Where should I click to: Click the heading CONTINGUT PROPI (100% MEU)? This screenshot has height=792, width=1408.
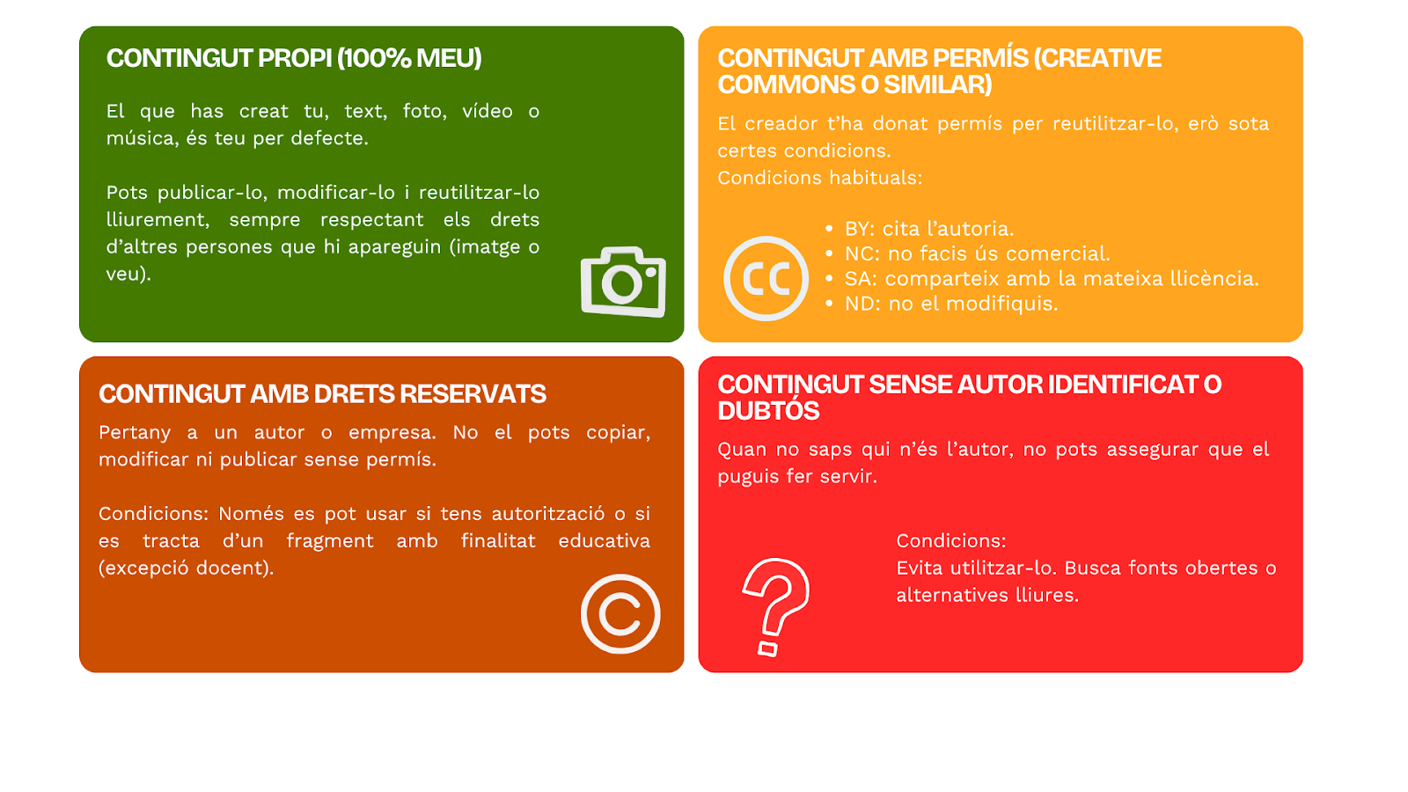(294, 58)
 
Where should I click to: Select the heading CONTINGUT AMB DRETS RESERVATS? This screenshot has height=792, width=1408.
(322, 394)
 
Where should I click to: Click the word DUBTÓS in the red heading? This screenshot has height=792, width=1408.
(768, 411)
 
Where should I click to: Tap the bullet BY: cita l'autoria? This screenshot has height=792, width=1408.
(929, 229)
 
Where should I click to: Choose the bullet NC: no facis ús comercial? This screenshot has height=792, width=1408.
(978, 254)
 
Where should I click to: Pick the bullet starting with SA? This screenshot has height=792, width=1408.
(1052, 278)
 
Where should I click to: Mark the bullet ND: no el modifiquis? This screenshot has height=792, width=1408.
(951, 304)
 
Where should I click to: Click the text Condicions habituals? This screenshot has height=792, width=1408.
(819, 178)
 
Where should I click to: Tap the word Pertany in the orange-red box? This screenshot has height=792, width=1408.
(135, 433)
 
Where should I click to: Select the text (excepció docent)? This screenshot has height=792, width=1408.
(186, 568)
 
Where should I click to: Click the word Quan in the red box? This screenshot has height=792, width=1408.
(740, 450)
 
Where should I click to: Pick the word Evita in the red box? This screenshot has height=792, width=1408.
(919, 568)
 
